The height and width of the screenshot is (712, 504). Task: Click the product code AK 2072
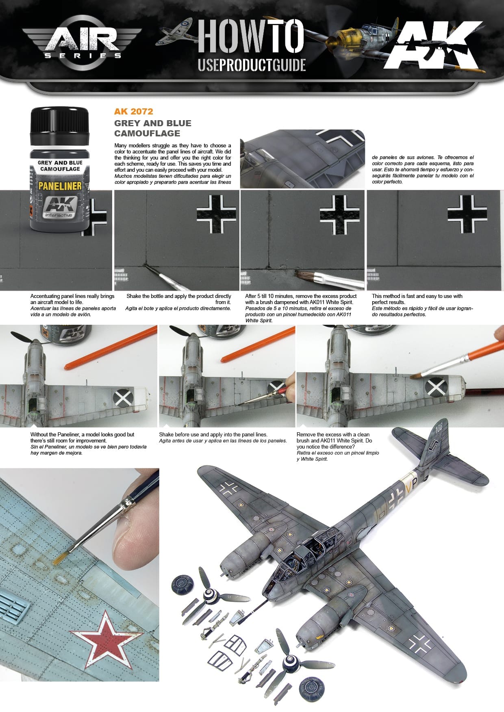(133, 112)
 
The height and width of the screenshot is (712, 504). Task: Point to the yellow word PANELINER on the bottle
(60, 186)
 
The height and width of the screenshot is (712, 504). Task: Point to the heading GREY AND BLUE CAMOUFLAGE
(152, 128)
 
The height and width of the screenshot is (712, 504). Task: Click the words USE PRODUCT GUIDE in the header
(252, 65)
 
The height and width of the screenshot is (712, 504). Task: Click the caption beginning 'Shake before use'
(213, 435)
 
